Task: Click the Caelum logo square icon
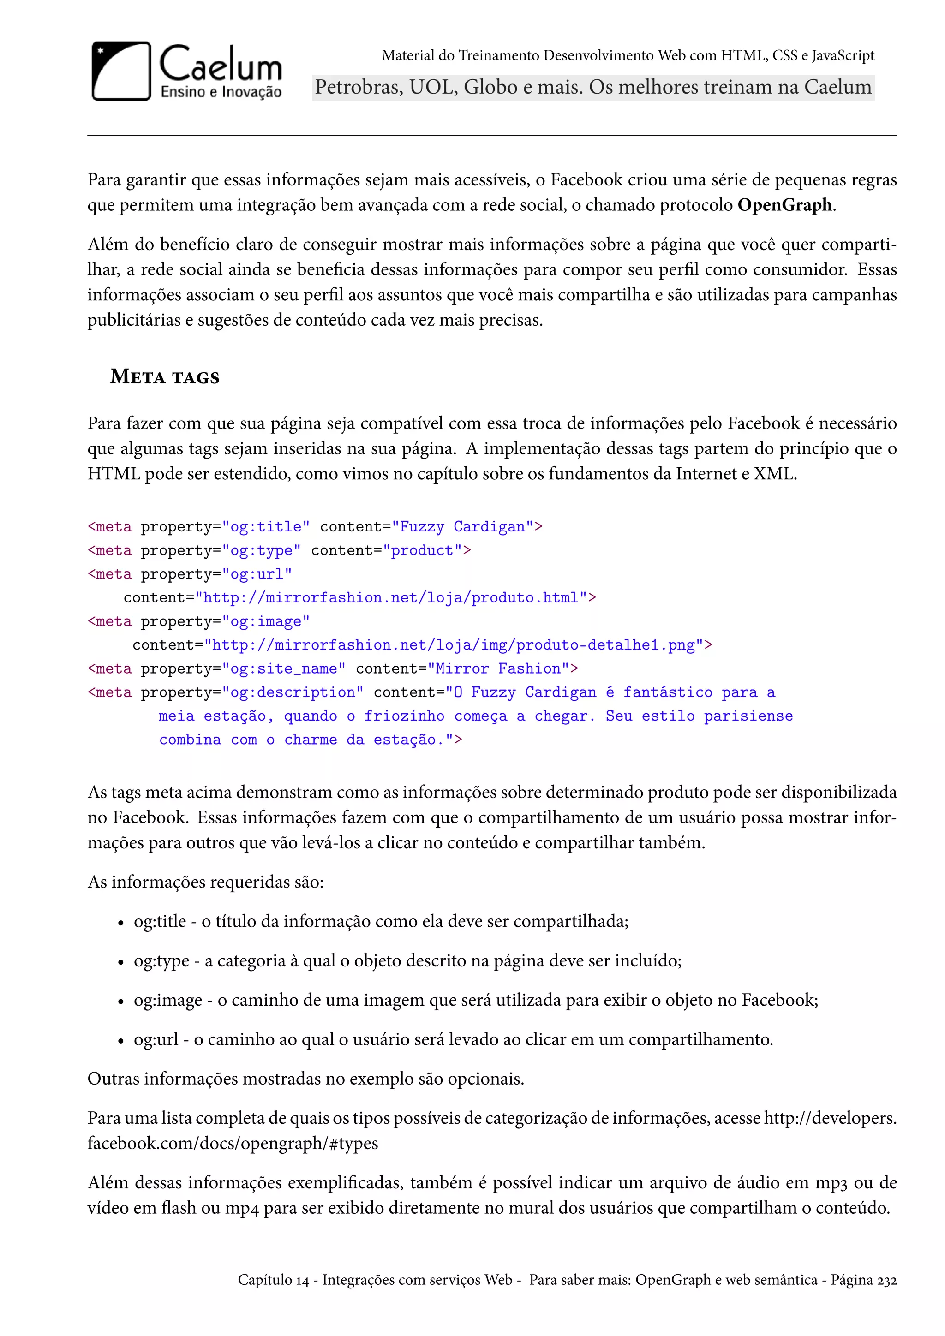121,71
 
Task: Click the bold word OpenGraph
785,205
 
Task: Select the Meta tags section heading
165,377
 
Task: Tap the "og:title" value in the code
265,526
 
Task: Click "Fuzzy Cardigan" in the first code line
463,526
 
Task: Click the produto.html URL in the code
390,597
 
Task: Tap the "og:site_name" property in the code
283,668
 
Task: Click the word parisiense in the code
748,716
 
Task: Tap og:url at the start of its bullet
156,1039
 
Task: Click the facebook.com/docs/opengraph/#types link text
233,1143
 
